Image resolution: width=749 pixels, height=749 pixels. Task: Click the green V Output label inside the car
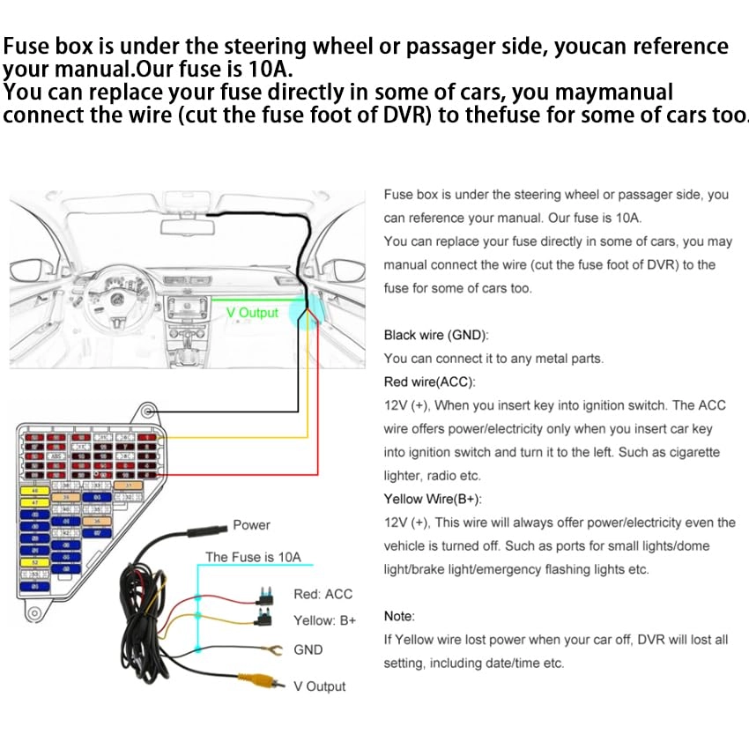[252, 313]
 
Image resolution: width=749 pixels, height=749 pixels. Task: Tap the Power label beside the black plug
[251, 525]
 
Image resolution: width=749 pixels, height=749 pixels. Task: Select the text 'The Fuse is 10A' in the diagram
[253, 557]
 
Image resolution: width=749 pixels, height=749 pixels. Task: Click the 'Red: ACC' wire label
[323, 595]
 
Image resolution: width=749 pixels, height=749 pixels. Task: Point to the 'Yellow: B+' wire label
[325, 620]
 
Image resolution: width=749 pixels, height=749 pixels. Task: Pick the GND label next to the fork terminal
[308, 649]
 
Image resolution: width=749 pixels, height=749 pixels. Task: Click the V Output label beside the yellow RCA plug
[320, 686]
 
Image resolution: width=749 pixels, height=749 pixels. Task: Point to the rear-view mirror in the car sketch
[187, 226]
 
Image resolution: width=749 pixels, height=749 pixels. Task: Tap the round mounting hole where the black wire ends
[149, 411]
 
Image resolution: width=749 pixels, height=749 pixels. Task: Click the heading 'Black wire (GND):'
[435, 335]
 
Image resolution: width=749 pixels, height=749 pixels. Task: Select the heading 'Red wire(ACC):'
[429, 382]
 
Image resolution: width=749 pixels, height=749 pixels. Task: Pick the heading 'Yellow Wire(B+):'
[433, 499]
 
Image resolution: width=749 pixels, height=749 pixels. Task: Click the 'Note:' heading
[399, 616]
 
